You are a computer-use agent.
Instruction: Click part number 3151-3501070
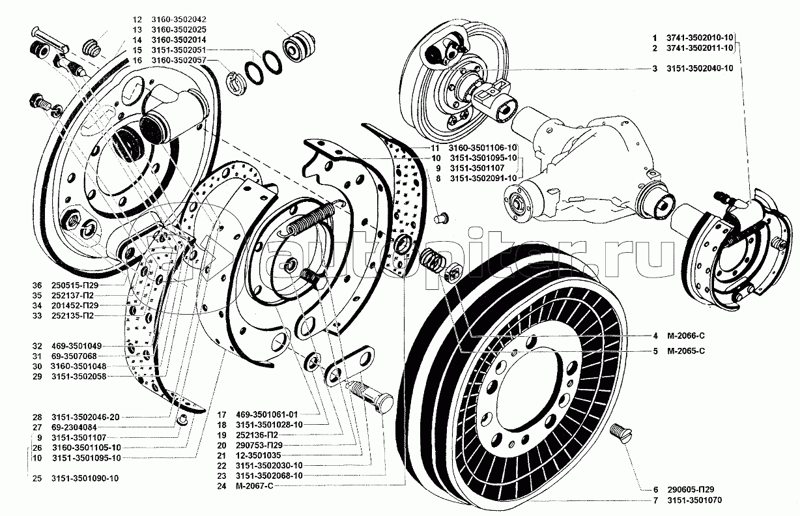pyautogui.click(x=698, y=500)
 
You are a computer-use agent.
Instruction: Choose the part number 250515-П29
pyautogui.click(x=74, y=285)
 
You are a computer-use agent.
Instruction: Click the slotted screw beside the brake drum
pyautogui.click(x=622, y=434)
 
